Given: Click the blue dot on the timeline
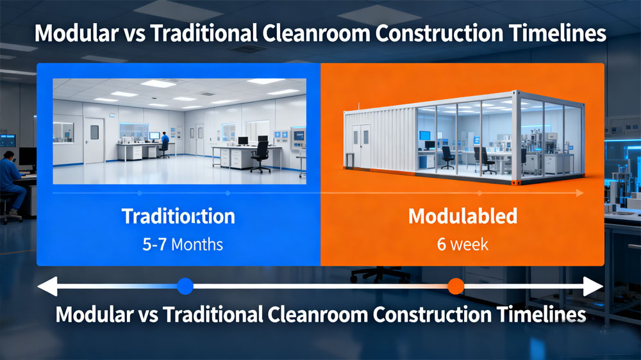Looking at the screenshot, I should (x=185, y=286).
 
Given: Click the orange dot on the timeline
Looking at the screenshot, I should (x=456, y=286).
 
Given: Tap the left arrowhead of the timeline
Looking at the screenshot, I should (x=47, y=286).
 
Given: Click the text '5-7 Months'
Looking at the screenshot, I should (x=179, y=244).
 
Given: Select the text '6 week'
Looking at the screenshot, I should (x=462, y=244).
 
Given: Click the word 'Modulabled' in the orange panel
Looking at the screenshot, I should (x=462, y=217).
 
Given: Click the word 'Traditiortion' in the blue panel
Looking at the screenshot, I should (x=179, y=217).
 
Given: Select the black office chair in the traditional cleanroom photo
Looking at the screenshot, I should (x=260, y=156).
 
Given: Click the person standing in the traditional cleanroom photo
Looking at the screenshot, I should (x=165, y=145).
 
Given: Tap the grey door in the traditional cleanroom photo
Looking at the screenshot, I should (x=94, y=140).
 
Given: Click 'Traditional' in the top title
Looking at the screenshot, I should (x=218, y=33).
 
